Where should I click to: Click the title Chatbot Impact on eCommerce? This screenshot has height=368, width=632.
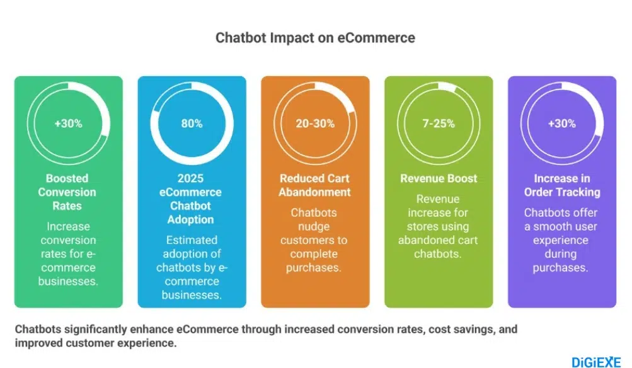[x=315, y=37]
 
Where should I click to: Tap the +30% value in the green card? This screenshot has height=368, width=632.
[x=68, y=124]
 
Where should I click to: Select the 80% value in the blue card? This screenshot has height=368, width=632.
[x=192, y=124]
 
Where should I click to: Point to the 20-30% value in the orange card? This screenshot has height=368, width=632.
[x=315, y=124]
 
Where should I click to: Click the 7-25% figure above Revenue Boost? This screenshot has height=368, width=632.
[x=439, y=124]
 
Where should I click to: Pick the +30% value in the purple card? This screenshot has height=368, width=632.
[x=562, y=124]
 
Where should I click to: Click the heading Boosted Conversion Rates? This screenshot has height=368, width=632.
[x=68, y=192]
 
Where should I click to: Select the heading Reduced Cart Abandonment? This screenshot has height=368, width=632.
[x=315, y=185]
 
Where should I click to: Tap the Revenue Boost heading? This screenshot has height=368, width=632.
[x=439, y=178]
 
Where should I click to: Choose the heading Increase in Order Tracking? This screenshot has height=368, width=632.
[x=562, y=185]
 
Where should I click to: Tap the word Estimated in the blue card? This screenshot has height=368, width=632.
[x=192, y=240]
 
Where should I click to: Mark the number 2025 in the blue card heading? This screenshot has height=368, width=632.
[x=192, y=178]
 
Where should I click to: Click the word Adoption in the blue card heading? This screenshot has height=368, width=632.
[x=192, y=219]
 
